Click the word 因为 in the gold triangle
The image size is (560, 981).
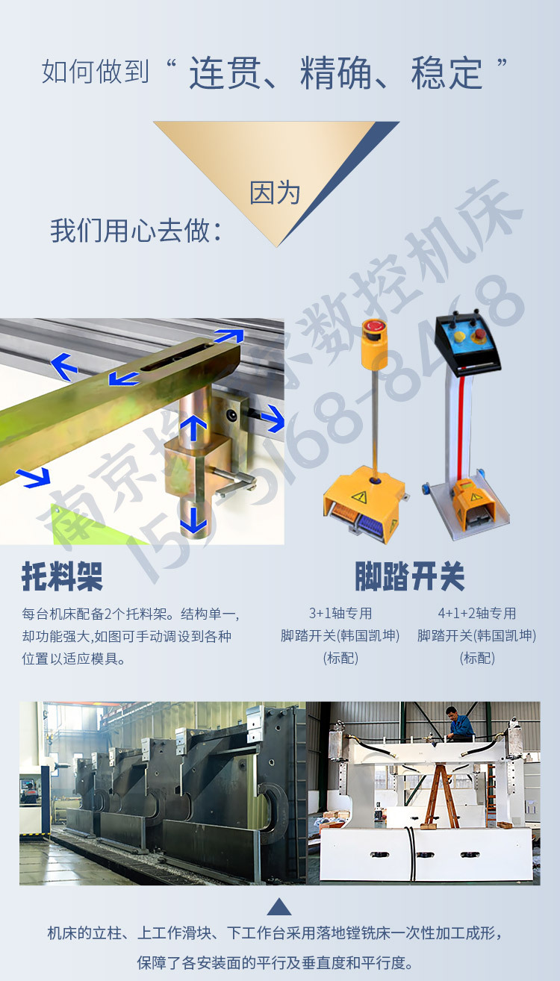275,193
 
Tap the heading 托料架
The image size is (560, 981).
62,576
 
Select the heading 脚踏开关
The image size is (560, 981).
410,576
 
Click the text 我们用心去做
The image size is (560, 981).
136,230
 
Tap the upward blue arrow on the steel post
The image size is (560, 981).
193,429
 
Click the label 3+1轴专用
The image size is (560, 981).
340,614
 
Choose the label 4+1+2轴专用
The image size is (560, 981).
477,614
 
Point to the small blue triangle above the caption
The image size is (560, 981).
279,906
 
